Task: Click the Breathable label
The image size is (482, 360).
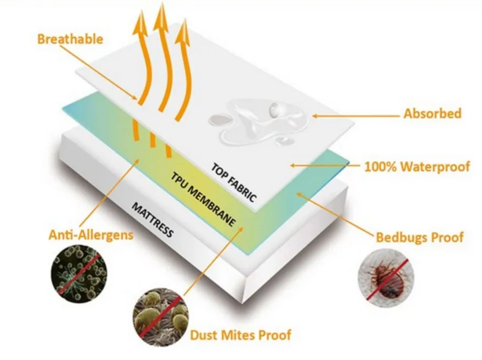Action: [x=70, y=39]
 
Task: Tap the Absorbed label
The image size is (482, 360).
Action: [x=432, y=114]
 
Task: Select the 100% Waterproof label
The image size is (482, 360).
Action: [x=417, y=166]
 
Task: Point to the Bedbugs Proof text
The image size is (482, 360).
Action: [x=420, y=238]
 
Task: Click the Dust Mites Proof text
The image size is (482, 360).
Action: [x=240, y=334]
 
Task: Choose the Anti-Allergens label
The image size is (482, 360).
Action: [x=91, y=235]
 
